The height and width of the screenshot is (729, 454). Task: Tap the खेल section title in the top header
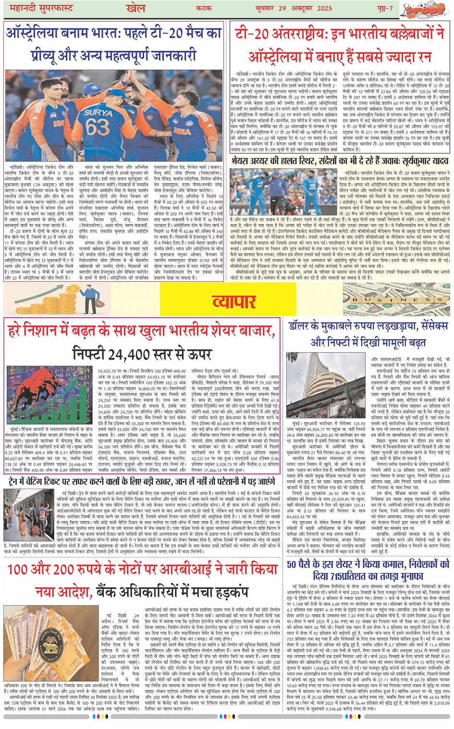click(136, 8)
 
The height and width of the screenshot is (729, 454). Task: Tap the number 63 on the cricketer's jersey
click(98, 127)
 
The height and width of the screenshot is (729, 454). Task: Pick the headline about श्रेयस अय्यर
click(340, 160)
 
